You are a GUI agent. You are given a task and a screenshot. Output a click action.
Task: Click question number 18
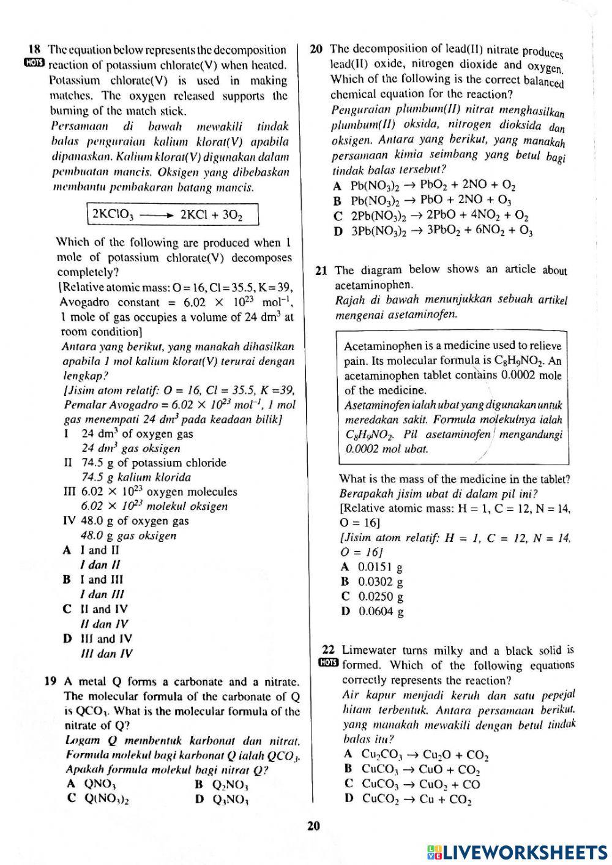34,50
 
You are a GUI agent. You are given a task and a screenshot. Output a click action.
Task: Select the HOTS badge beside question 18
35,64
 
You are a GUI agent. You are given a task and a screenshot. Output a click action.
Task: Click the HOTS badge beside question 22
328,664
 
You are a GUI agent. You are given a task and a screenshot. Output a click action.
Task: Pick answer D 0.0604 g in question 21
372,611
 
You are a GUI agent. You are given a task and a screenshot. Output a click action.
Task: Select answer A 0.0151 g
372,567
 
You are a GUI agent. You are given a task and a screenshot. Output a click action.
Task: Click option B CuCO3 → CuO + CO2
412,770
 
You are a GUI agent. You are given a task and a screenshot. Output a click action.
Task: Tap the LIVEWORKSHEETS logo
517,852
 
